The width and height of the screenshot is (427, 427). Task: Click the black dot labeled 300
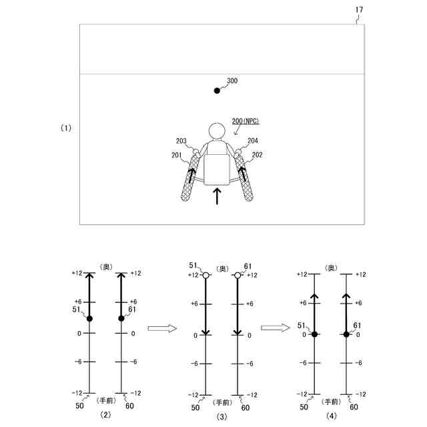216,90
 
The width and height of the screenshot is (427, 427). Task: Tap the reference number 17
359,10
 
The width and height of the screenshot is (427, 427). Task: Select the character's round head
216,131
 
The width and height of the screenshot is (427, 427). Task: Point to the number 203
181,141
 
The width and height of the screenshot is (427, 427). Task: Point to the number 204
253,141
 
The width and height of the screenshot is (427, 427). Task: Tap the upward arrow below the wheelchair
216,197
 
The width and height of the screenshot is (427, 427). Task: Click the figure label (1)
65,127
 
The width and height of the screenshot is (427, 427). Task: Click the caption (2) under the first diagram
105,415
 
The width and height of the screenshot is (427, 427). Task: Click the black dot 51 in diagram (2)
89,318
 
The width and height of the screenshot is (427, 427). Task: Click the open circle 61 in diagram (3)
238,275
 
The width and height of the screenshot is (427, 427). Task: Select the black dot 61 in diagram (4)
346,334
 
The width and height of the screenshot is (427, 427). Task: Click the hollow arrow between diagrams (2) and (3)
161,328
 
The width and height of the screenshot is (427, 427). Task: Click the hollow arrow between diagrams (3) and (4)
274,328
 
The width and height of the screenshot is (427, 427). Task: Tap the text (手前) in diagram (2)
106,400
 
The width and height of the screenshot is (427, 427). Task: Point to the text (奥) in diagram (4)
330,268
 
